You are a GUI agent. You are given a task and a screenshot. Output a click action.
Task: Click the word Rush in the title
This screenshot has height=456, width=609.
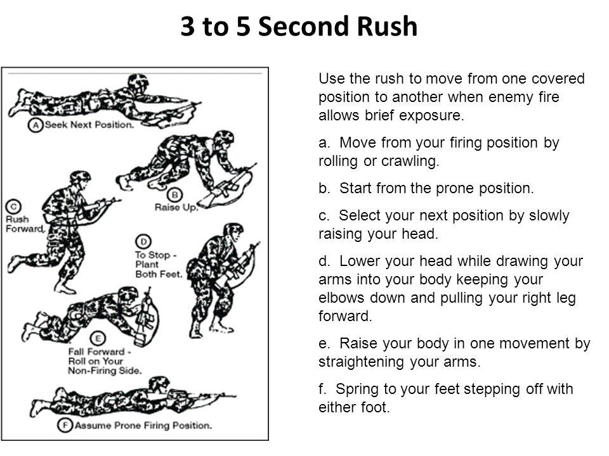pos(387,27)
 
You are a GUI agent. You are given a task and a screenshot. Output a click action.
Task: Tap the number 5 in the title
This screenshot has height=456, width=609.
pos(243,27)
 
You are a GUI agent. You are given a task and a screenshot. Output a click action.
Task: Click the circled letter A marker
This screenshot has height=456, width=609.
pos(36,125)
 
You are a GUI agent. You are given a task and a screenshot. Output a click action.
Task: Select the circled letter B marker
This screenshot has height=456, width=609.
pos(175,195)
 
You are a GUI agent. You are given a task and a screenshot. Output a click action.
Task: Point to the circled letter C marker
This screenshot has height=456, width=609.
pos(13,206)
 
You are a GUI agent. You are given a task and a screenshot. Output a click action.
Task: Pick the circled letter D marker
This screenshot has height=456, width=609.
pos(143,242)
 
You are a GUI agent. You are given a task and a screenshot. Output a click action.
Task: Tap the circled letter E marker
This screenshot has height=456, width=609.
pos(98,338)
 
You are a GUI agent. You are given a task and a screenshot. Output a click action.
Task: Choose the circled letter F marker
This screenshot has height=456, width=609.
pos(65,426)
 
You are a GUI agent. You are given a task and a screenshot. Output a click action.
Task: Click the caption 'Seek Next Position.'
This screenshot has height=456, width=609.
pos(89,125)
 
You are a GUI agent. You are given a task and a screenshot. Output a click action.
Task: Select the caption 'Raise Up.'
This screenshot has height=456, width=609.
pos(176,208)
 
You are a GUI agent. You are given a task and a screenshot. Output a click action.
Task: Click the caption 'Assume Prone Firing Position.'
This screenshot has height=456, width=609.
pos(143,426)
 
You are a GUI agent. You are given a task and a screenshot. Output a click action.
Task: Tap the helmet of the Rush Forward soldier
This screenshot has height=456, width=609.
pos(80,178)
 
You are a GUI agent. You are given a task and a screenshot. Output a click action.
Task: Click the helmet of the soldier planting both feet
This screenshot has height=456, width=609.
pos(233,229)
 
